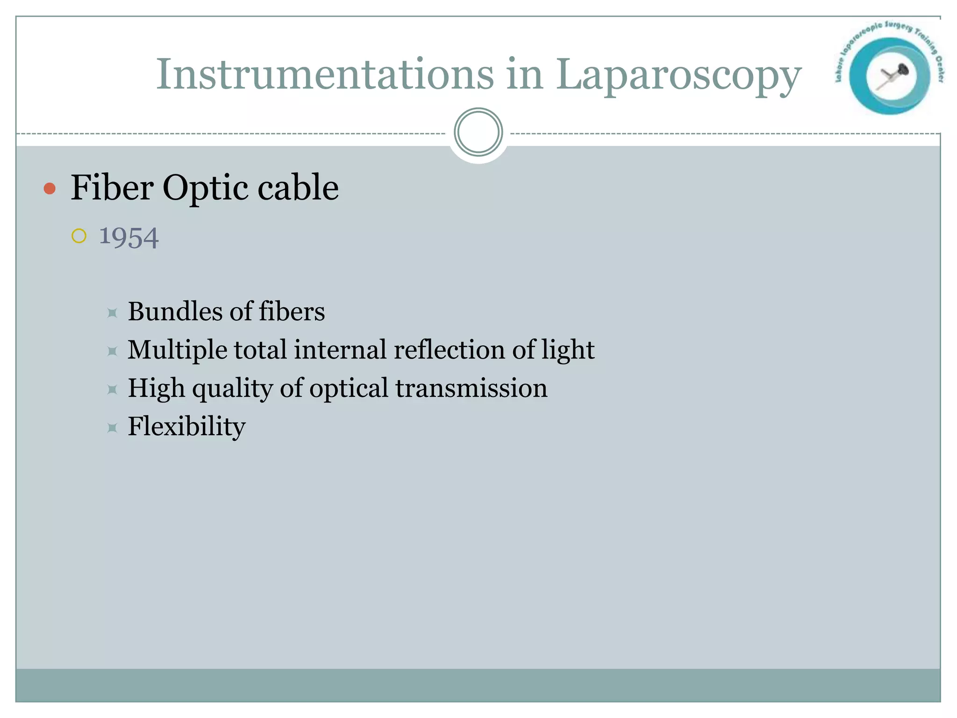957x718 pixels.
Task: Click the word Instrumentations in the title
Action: pos(325,75)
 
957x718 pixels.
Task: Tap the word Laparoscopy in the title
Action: pos(678,76)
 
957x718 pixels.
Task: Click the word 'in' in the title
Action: pos(525,75)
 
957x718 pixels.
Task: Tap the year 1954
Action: pos(129,237)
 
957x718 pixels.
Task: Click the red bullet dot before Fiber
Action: pos(50,189)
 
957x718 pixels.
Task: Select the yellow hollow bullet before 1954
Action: pos(79,236)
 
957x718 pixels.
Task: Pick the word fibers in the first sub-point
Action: pos(292,311)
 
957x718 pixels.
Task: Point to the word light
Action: pos(568,351)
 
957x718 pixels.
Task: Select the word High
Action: pos(157,389)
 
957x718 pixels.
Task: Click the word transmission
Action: pos(471,388)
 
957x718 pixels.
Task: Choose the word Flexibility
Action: pos(186,427)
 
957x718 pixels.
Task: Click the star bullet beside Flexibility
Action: pos(112,427)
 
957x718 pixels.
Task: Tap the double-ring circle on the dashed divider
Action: pos(478,132)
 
